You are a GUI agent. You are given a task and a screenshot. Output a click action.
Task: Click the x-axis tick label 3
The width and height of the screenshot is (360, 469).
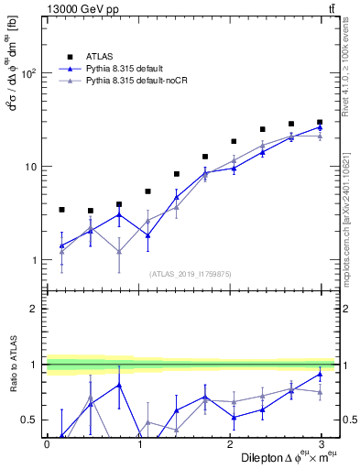pos(321,444)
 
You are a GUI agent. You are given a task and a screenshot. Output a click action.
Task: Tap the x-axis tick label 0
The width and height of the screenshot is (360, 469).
pos(47,444)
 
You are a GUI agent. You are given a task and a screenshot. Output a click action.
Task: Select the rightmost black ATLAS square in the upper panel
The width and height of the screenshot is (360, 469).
pos(320,122)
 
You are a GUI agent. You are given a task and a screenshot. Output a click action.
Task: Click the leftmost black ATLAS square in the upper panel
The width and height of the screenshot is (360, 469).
pos(61,210)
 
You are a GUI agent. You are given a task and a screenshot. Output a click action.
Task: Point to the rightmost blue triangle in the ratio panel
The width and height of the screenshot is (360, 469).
pos(320,374)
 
